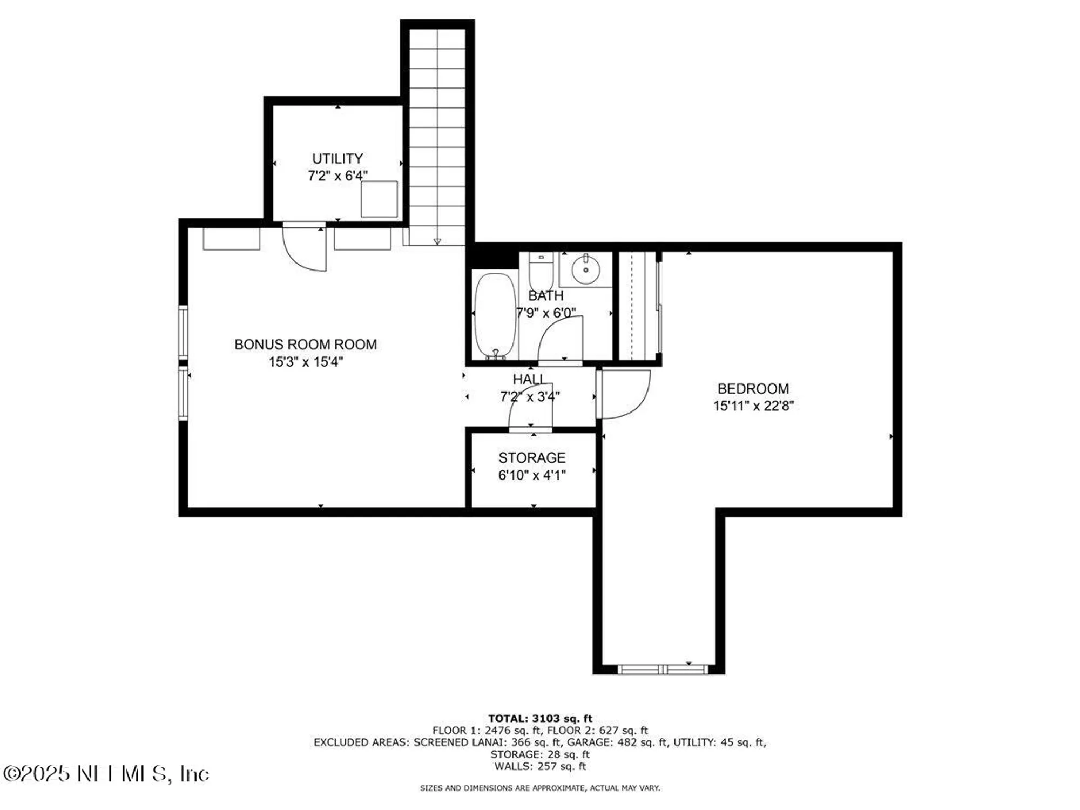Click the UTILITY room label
[x=337, y=159]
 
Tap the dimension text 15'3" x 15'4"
[x=306, y=362]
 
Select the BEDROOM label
[x=753, y=389]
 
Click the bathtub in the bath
[x=495, y=315]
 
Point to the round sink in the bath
[x=585, y=269]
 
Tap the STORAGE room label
[x=532, y=458]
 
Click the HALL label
[x=529, y=380]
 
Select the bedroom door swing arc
[x=626, y=395]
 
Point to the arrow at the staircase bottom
[x=437, y=241]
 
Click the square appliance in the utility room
[x=379, y=199]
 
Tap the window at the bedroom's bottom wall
[x=663, y=670]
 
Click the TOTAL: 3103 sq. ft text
[x=540, y=719]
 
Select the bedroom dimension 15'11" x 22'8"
[x=753, y=406]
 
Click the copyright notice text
[x=106, y=774]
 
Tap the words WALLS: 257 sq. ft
[x=540, y=766]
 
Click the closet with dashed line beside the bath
[x=637, y=306]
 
